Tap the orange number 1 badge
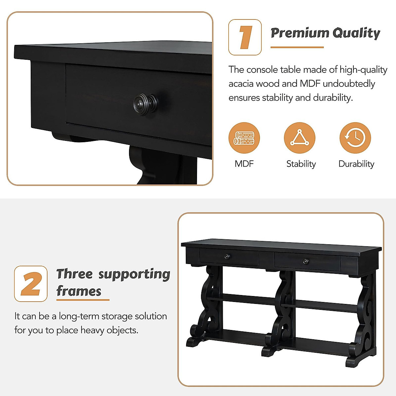point(245,37)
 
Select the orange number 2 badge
point(31,284)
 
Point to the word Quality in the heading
point(356,33)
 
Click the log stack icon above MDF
point(244,138)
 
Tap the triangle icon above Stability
point(300,138)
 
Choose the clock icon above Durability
point(355,138)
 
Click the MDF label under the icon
point(244,164)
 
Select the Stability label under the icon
point(301,164)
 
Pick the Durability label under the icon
point(356,164)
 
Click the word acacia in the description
point(241,84)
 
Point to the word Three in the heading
point(75,274)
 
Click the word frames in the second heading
point(79,291)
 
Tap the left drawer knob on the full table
point(227,256)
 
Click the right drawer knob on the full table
point(306,262)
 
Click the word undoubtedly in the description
point(349,84)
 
